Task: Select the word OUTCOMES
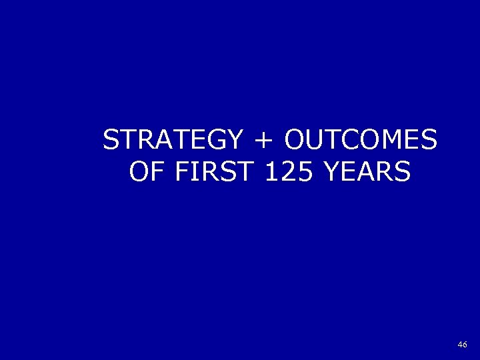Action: [360, 141]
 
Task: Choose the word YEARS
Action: [366, 173]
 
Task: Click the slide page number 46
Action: [463, 345]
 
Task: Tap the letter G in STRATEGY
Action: [219, 141]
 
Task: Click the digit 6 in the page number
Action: [465, 345]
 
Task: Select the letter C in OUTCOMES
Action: [351, 141]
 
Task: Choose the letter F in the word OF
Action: [157, 173]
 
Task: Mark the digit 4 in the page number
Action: [460, 345]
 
